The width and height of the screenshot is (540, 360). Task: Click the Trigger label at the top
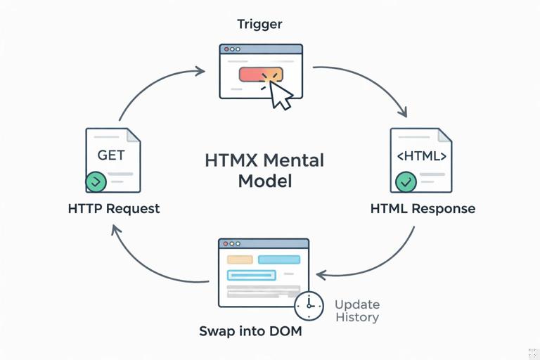[x=260, y=25]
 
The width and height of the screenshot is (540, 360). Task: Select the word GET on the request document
[x=111, y=155]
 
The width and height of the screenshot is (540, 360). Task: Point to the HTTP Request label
[x=114, y=209]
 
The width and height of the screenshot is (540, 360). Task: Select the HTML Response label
[x=423, y=209]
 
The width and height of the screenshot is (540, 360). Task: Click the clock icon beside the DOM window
[x=309, y=304]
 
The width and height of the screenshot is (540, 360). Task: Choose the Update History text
[x=356, y=311]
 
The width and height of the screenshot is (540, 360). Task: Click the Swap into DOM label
[x=251, y=330]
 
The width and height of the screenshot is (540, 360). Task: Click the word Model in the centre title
[x=264, y=181]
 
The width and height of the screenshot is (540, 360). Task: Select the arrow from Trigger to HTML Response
[x=373, y=81]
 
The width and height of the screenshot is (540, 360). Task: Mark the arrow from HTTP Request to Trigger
[x=151, y=84]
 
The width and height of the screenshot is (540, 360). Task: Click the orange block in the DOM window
[x=240, y=259]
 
